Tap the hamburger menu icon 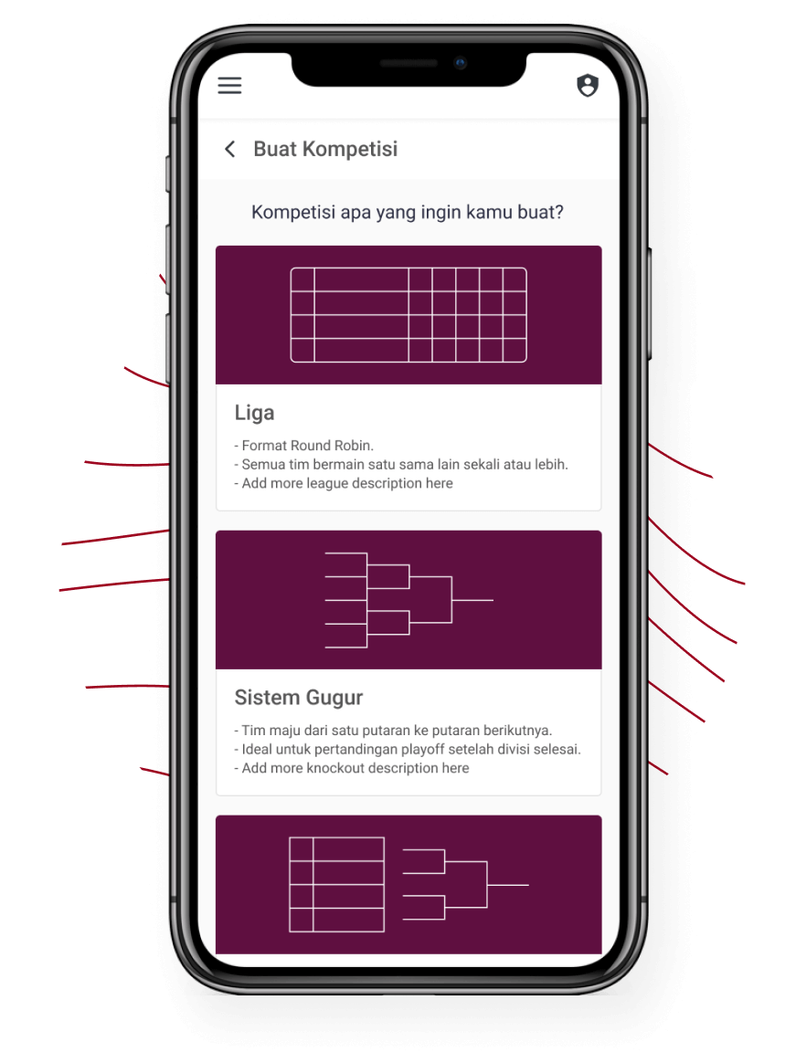[x=229, y=86]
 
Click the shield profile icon [x=588, y=86]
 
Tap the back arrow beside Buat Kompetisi [x=230, y=149]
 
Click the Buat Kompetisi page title [x=325, y=149]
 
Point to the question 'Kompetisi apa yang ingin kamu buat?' [x=407, y=212]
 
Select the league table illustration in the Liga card [x=408, y=314]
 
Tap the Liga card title [x=254, y=413]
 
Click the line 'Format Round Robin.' [x=304, y=446]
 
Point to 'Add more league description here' [x=344, y=483]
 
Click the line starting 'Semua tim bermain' [x=401, y=465]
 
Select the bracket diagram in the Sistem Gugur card [x=409, y=600]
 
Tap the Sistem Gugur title [x=299, y=698]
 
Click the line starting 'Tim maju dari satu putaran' [x=394, y=731]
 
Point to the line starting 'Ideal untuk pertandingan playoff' [x=408, y=749]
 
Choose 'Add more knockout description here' [x=352, y=768]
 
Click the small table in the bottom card [x=336, y=885]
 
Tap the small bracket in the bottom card [x=465, y=885]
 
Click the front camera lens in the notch [x=461, y=63]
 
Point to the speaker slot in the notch [x=408, y=63]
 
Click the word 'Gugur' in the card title [x=334, y=699]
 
